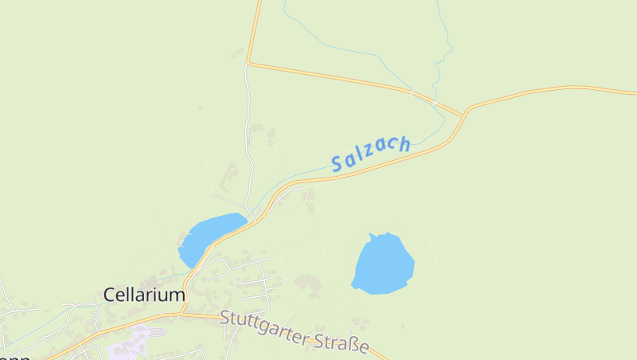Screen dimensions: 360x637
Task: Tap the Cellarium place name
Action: tap(144, 295)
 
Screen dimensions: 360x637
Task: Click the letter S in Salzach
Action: tap(337, 166)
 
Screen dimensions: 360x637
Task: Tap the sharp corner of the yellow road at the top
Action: tap(248, 62)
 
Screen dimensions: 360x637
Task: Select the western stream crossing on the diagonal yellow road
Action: tap(412, 93)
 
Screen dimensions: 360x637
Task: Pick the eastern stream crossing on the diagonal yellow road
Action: tap(435, 104)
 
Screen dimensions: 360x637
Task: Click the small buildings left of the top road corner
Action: tap(237, 53)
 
